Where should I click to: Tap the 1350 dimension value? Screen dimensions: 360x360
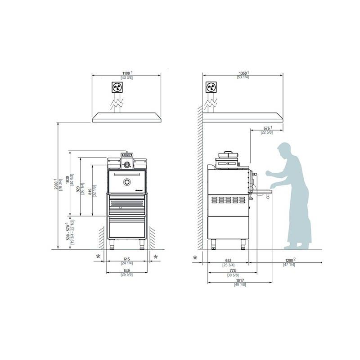point(243,73)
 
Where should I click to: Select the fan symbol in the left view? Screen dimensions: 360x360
point(117,87)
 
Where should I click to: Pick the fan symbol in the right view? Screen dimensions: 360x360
point(210,87)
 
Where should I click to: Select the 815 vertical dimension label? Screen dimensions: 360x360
point(91,191)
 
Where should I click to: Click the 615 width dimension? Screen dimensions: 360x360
point(126,260)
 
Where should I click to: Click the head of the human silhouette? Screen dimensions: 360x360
point(284,150)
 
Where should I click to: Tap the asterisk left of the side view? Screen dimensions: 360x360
point(195,258)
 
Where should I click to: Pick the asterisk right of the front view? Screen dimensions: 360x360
point(156,257)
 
